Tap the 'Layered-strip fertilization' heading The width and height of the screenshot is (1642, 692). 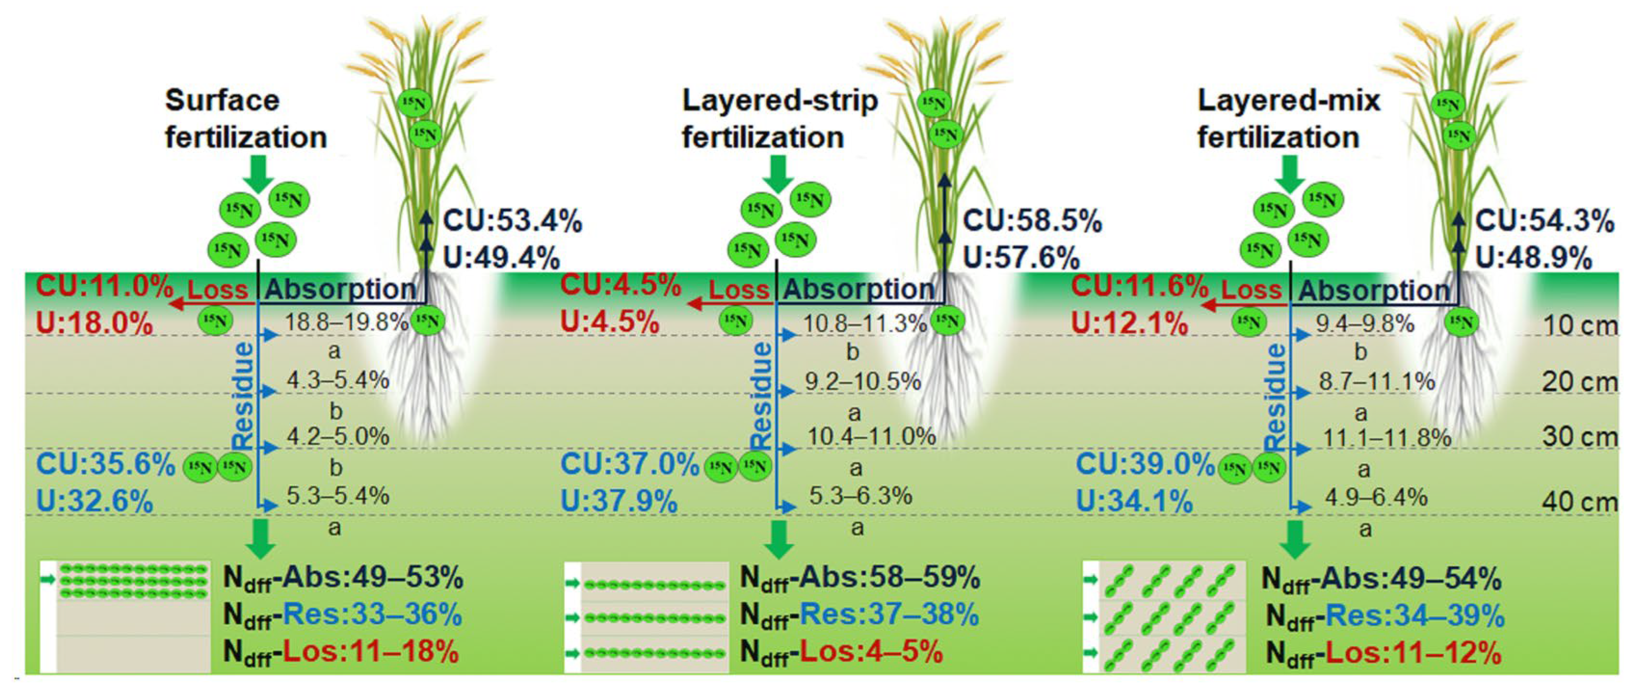[779, 119]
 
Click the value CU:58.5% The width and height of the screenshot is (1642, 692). [1032, 221]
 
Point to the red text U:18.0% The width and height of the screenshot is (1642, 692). [94, 323]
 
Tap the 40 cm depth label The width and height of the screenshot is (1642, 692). [1579, 502]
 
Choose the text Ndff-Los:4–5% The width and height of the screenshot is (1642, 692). [841, 652]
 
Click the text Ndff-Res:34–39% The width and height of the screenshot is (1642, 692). [1385, 616]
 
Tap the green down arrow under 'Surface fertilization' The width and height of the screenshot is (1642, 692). [258, 173]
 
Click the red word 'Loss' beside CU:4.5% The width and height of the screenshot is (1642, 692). [738, 290]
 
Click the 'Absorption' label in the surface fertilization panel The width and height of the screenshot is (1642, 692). [340, 290]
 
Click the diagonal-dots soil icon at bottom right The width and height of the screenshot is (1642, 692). [1165, 617]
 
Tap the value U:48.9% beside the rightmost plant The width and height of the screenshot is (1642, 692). [1534, 258]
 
